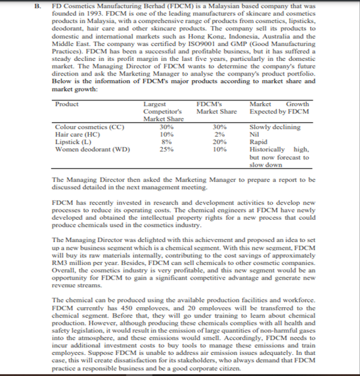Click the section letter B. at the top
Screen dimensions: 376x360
(41, 5)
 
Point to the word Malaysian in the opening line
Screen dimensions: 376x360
(232, 5)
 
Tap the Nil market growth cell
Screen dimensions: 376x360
(256, 133)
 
